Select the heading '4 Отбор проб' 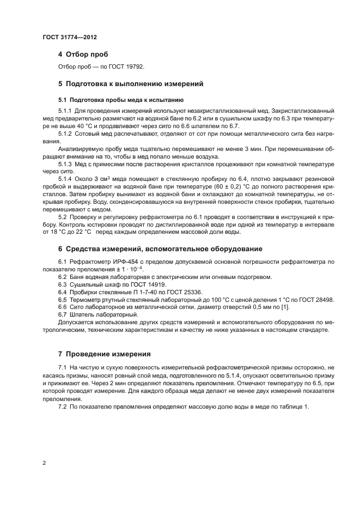(x=83, y=54)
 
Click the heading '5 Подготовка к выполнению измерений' (x=130, y=84)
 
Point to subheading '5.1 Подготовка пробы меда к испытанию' (x=121, y=100)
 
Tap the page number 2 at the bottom (x=44, y=463)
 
